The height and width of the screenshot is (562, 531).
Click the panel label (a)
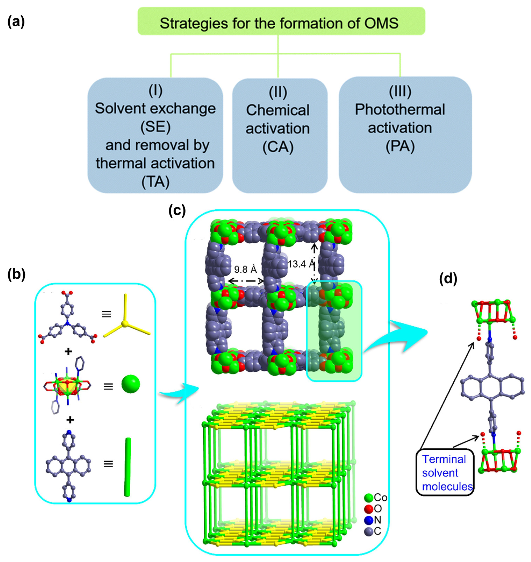[16, 22]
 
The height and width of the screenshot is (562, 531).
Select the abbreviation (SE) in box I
[155, 127]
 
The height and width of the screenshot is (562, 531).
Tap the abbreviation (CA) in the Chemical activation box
[277, 147]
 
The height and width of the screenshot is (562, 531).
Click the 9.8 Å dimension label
[245, 269]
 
